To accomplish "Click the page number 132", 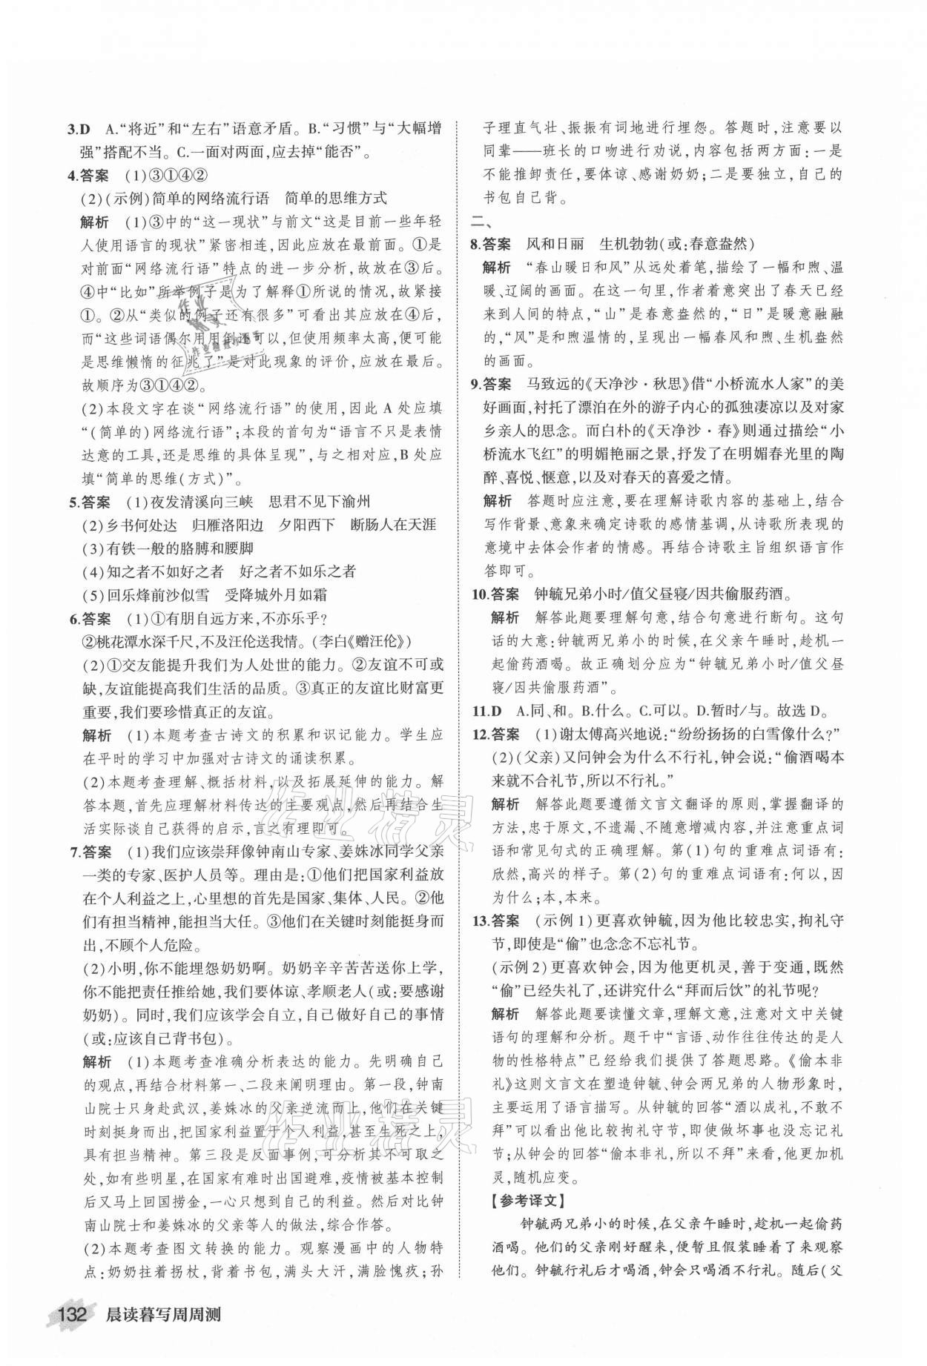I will [73, 1335].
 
